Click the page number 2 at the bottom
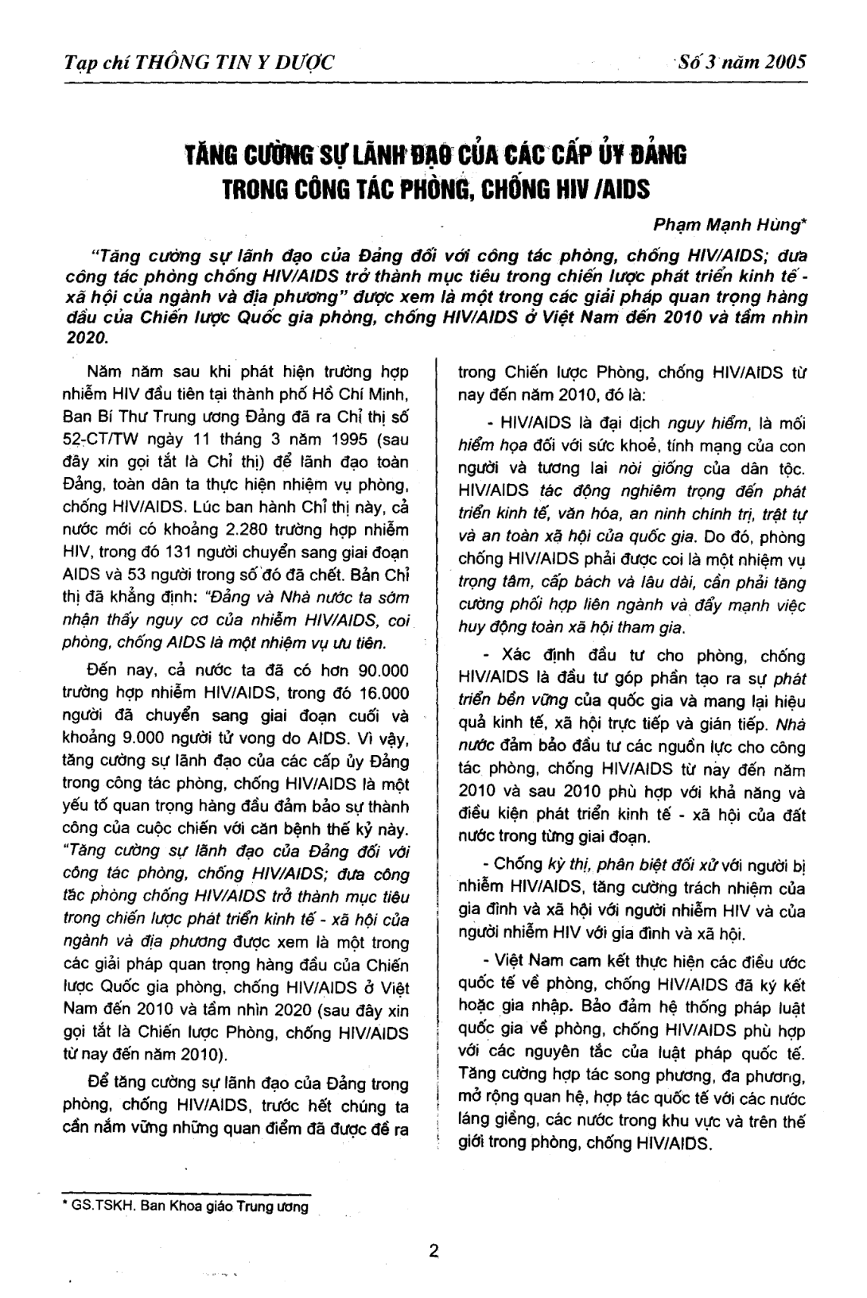pyautogui.click(x=433, y=1250)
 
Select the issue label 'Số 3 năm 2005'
pyautogui.click(x=741, y=61)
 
